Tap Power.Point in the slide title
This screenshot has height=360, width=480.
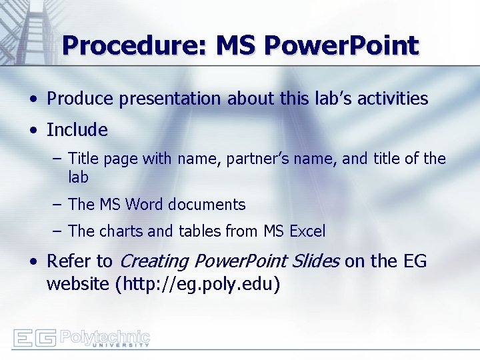pos(341,46)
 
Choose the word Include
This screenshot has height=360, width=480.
pos(77,130)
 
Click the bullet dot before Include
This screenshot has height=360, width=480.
pos(33,131)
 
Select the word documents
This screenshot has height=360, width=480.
pos(211,205)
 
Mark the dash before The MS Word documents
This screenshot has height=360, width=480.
pos(58,204)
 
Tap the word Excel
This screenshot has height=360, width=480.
pos(307,232)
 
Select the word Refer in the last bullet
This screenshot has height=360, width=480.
pos(69,261)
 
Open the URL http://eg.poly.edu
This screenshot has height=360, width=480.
pos(197,285)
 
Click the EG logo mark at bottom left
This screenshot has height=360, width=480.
pos(35,338)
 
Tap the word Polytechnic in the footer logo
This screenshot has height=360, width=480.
pos(105,335)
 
